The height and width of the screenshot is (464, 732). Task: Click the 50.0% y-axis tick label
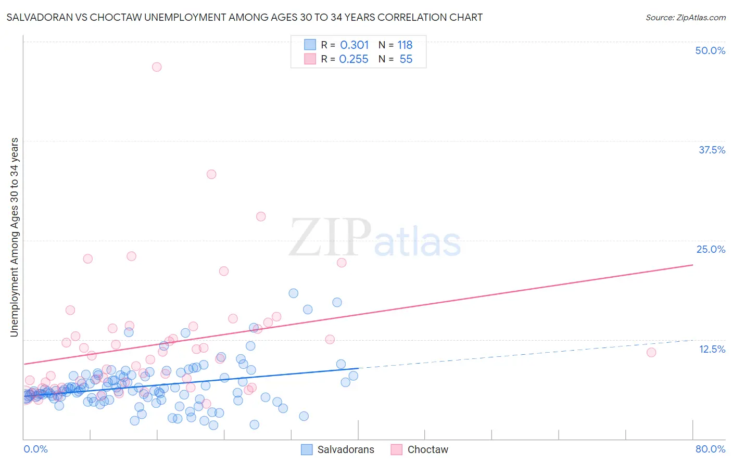pos(710,50)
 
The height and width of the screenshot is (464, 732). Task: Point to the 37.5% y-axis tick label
pos(712,150)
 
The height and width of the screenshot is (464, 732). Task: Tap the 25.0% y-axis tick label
pos(711,249)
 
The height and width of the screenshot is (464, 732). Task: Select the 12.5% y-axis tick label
pos(712,349)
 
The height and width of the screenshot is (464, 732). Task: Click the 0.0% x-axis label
pos(35,449)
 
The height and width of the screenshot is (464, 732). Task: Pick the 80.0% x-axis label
pos(710,449)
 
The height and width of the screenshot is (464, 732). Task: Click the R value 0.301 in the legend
pos(354,45)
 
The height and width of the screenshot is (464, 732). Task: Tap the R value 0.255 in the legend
pos(354,59)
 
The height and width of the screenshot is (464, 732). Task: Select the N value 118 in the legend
pos(405,45)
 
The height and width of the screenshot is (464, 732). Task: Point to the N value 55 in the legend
pos(406,59)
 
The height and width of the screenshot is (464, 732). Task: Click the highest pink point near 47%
pos(157,67)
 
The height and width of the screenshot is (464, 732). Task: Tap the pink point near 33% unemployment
pos(211,174)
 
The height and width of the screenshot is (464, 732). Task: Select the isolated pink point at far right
pos(651,353)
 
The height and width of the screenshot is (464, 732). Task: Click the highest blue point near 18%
pos(294,293)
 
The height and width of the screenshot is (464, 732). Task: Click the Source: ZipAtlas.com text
pos(685,18)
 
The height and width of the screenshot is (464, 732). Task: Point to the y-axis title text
pos(15,237)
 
